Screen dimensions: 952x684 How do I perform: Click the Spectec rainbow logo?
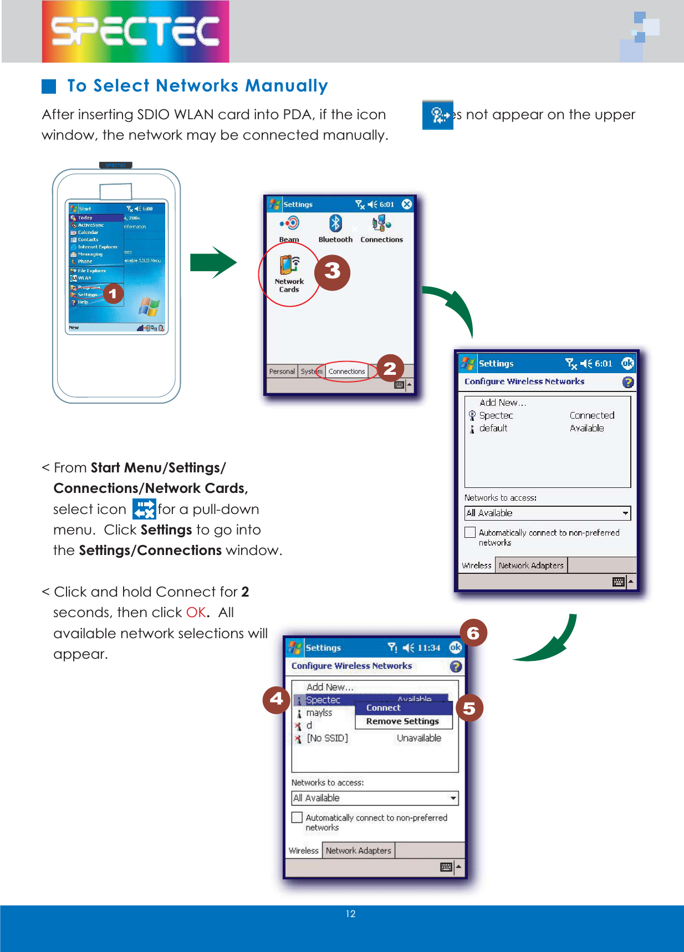pos(135,31)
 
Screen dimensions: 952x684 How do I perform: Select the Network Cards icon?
pos(289,266)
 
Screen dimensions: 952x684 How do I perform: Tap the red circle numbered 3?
pos(332,272)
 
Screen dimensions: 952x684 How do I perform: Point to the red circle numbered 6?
pos(473,633)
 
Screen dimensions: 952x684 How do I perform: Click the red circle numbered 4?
pos(276,699)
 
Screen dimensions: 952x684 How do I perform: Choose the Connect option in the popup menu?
pos(384,708)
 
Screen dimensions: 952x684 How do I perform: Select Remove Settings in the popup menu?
pos(402,721)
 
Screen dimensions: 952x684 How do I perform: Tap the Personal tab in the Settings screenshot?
pos(282,371)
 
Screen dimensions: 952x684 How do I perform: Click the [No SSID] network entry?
pos(327,739)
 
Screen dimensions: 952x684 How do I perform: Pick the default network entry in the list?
pos(493,429)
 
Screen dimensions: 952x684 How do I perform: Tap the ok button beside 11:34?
pos(455,648)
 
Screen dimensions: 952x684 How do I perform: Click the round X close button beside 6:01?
pos(407,204)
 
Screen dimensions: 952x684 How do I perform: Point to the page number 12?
pos(350,914)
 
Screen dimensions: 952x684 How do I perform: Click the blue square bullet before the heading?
pos(49,86)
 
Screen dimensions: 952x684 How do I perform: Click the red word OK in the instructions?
pos(196,613)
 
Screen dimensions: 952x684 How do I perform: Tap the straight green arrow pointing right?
pos(213,262)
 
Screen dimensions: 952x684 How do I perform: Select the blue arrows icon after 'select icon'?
pos(144,509)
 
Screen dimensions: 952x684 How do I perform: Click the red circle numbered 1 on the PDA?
pos(113,293)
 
